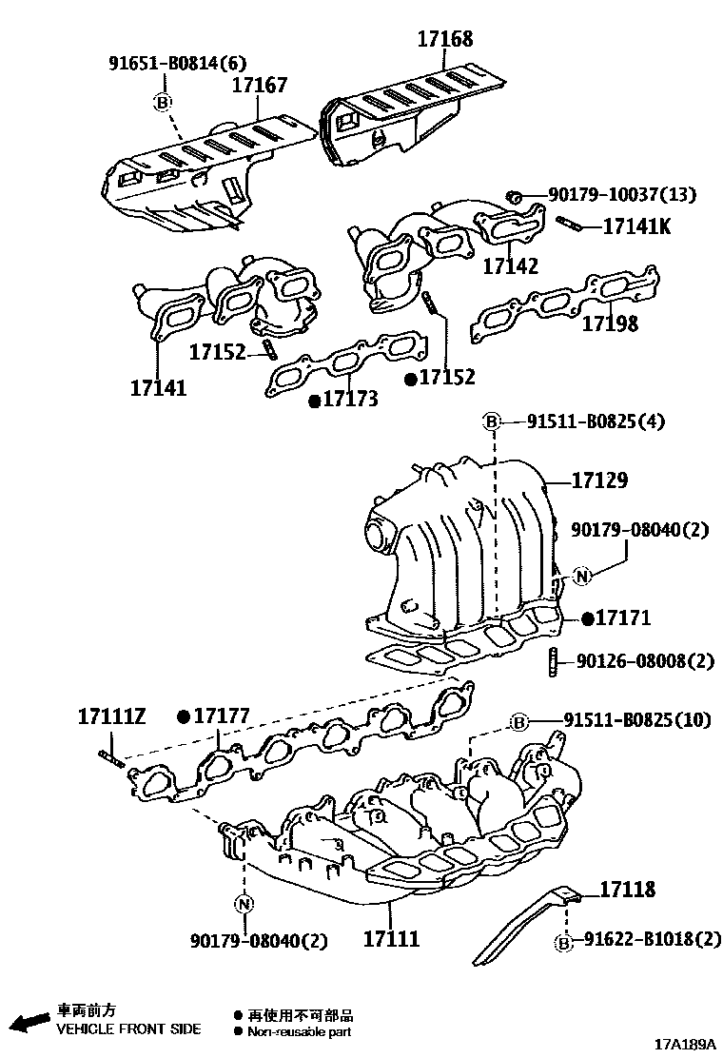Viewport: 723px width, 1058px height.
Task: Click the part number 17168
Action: tap(444, 39)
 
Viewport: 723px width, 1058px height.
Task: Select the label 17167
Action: tap(260, 86)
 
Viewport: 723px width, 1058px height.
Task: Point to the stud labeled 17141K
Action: tap(568, 225)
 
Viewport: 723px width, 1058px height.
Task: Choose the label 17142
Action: tap(510, 265)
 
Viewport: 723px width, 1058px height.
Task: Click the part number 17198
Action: tap(610, 323)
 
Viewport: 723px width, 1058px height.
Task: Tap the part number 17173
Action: tap(349, 400)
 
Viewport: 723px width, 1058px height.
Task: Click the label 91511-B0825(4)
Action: tap(596, 421)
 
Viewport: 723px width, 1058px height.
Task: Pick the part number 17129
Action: tap(599, 481)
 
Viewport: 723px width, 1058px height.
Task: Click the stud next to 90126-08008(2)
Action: tap(553, 659)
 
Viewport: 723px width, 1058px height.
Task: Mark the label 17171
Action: tap(622, 618)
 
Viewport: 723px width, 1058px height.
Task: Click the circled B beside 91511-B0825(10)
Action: tap(519, 722)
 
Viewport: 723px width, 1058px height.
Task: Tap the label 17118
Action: tap(627, 890)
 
